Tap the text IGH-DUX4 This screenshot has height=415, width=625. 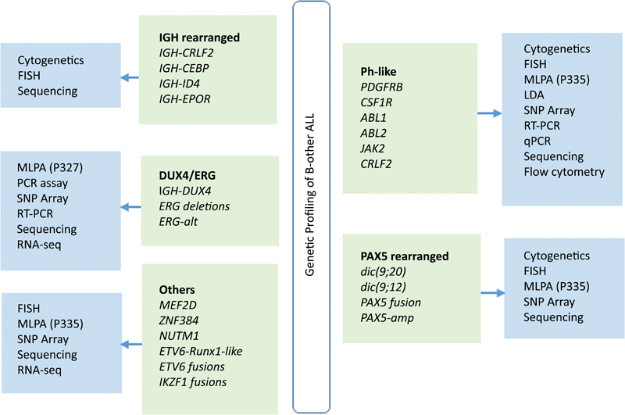pos(184,190)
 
